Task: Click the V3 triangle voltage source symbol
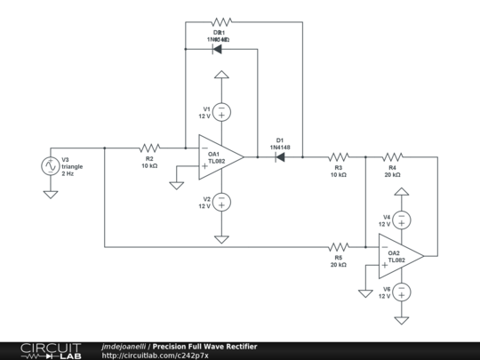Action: [x=51, y=165]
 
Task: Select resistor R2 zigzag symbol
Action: [x=149, y=148]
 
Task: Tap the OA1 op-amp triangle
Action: [x=220, y=156]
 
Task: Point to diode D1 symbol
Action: [x=279, y=156]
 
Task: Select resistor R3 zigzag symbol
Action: [x=338, y=156]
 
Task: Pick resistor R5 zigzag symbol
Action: [x=338, y=246]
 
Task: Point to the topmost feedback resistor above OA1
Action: [x=220, y=21]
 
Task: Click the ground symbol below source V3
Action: [x=51, y=193]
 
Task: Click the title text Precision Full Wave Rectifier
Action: [x=205, y=346]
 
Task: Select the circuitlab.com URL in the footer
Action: [x=156, y=356]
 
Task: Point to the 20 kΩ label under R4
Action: [x=392, y=175]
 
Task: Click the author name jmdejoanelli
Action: [x=124, y=346]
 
